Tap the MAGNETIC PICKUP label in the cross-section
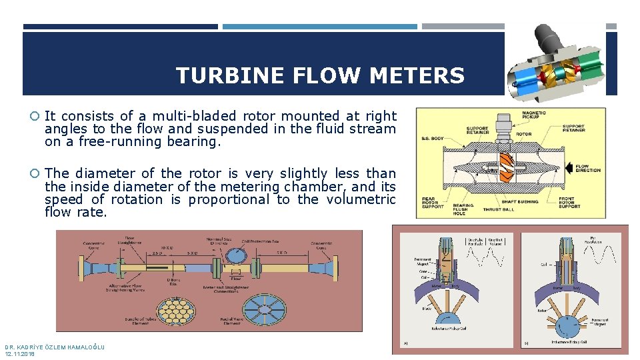click(x=533, y=115)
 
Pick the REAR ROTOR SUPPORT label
click(x=434, y=202)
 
